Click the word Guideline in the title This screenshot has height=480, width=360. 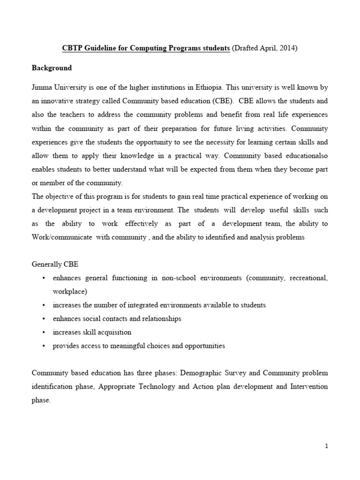point(100,48)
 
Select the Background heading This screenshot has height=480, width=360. point(52,68)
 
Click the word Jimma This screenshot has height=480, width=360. point(42,87)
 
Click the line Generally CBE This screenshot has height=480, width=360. point(52,264)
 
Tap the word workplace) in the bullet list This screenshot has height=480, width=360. point(70,292)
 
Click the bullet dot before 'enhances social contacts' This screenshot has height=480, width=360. point(44,319)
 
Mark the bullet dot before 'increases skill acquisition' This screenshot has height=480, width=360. point(44,332)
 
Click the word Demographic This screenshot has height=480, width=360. point(193,373)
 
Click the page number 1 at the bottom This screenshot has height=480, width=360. point(327,446)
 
